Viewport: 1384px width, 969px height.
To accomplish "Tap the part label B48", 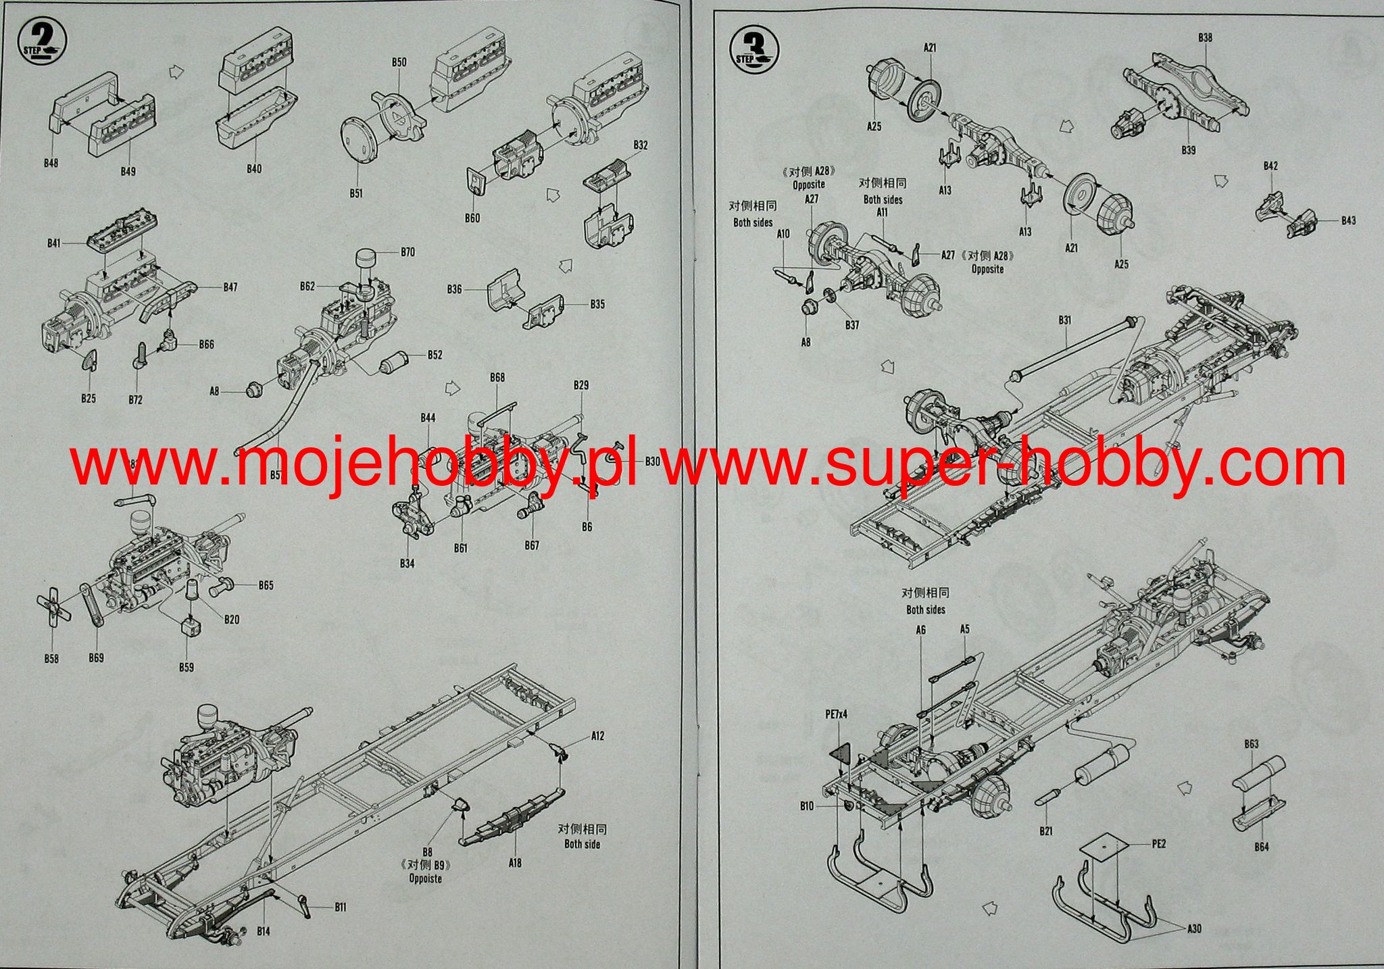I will tap(51, 164).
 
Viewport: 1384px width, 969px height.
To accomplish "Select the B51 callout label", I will tap(356, 193).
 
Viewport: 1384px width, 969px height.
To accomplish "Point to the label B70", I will tap(407, 253).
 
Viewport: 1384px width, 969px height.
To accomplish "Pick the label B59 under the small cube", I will tap(187, 667).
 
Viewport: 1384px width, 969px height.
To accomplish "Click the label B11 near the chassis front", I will tap(341, 907).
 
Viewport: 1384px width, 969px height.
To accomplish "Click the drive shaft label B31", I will tap(1065, 320).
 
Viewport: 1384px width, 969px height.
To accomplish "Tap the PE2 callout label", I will tap(1159, 844).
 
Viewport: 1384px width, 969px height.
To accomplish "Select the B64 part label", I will tap(1261, 866).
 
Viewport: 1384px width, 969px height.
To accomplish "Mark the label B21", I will tap(1046, 831).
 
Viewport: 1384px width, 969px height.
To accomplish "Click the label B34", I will tap(407, 564).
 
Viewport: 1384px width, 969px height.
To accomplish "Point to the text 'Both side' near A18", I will tap(582, 844).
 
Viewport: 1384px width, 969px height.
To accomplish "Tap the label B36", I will tap(454, 289).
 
